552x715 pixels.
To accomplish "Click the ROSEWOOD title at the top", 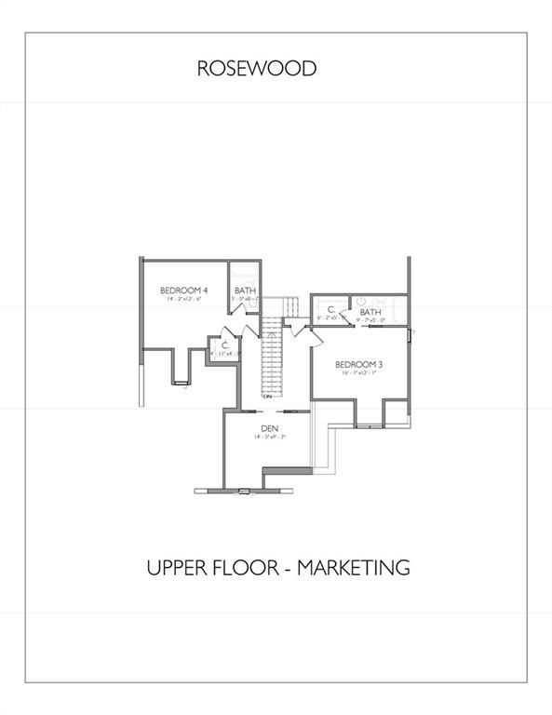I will (x=256, y=68).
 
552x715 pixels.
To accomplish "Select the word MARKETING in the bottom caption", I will (x=354, y=567).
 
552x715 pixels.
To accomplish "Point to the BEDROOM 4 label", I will (x=183, y=290).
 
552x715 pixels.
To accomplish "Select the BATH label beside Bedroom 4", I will (x=245, y=290).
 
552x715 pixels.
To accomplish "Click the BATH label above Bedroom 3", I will (x=370, y=312).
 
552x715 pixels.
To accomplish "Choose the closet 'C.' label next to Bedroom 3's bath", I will (x=331, y=309).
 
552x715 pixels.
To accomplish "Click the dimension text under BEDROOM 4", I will (x=183, y=300).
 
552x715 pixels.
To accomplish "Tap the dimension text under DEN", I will (x=269, y=437).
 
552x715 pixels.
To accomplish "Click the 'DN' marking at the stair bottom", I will (x=268, y=397).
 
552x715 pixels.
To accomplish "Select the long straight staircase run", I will (x=270, y=354).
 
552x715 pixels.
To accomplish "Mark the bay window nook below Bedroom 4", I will (x=181, y=368).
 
